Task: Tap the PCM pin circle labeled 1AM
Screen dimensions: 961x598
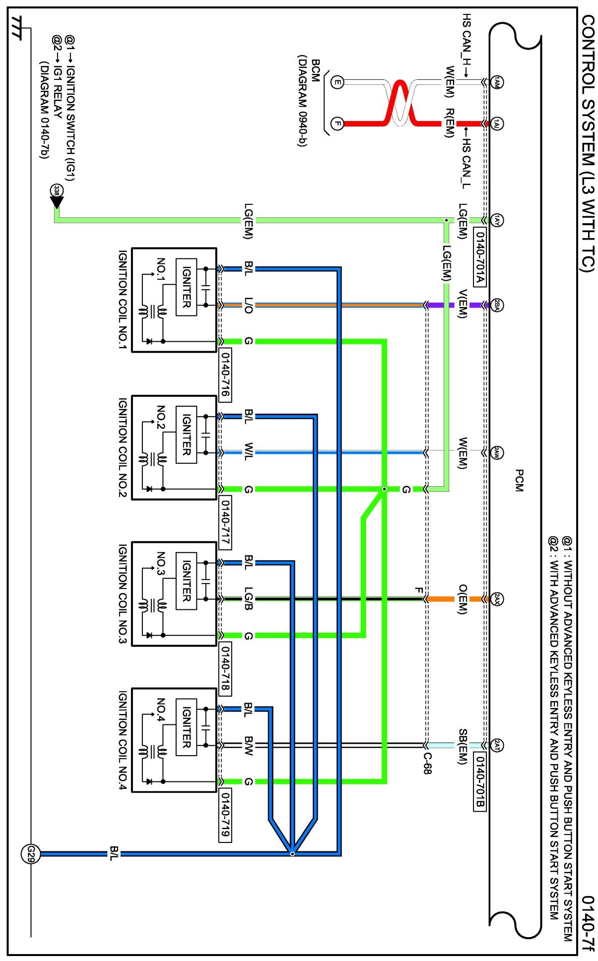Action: (497, 82)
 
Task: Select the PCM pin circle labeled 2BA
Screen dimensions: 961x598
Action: (497, 305)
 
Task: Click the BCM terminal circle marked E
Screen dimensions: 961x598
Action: (337, 82)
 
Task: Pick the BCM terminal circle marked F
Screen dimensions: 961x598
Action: (337, 123)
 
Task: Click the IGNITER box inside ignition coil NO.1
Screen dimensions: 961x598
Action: (187, 287)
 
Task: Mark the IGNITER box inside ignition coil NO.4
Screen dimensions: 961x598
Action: (187, 727)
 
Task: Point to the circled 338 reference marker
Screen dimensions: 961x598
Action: (57, 191)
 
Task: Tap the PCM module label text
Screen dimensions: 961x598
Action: (519, 480)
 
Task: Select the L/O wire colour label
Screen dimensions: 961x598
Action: (249, 306)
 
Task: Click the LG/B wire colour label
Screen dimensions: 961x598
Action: (249, 599)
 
